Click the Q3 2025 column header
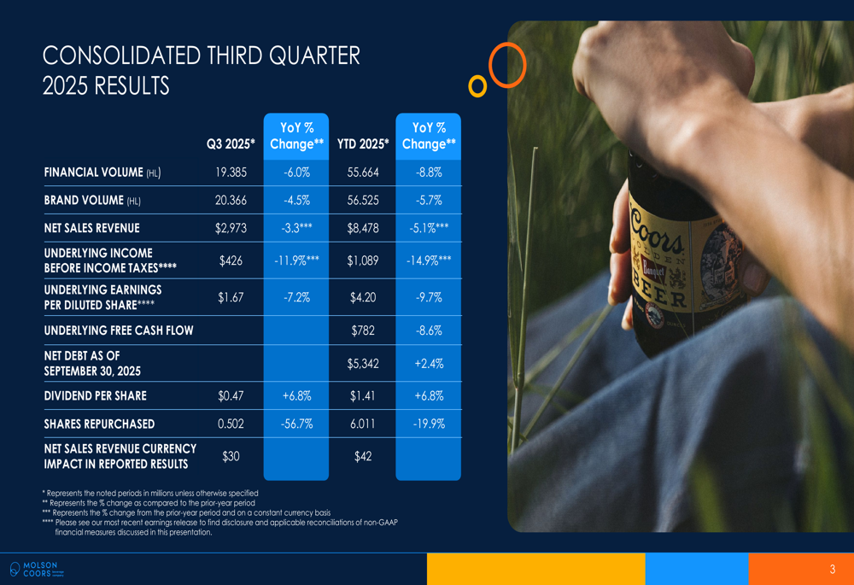click(231, 143)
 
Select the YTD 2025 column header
click(363, 143)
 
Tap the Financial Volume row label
click(102, 173)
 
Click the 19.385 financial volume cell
click(231, 173)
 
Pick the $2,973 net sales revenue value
click(231, 228)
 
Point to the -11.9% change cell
click(297, 261)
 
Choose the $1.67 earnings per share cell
click(231, 297)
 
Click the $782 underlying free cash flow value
click(363, 331)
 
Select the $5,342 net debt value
click(363, 363)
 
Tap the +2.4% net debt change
click(430, 363)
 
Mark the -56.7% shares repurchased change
click(297, 424)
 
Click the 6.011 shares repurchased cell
click(363, 424)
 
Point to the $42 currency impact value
click(363, 456)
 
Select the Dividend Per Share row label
click(96, 396)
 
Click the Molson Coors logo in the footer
click(37, 570)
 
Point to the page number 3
click(832, 570)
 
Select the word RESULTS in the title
click(132, 86)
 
